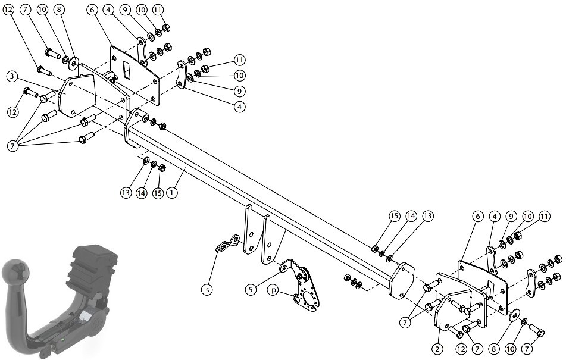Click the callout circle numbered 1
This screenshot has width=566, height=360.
click(172, 193)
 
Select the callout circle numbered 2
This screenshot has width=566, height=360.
click(437, 349)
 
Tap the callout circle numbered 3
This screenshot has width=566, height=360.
click(12, 77)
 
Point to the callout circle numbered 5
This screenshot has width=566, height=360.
click(251, 289)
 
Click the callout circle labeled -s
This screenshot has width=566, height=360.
click(207, 290)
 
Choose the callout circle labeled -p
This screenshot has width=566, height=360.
click(273, 290)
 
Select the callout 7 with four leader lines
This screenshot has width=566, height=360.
click(12, 146)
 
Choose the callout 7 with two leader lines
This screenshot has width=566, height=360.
click(405, 322)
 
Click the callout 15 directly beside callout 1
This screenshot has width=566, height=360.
click(158, 193)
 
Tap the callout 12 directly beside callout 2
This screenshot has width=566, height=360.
click(461, 349)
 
